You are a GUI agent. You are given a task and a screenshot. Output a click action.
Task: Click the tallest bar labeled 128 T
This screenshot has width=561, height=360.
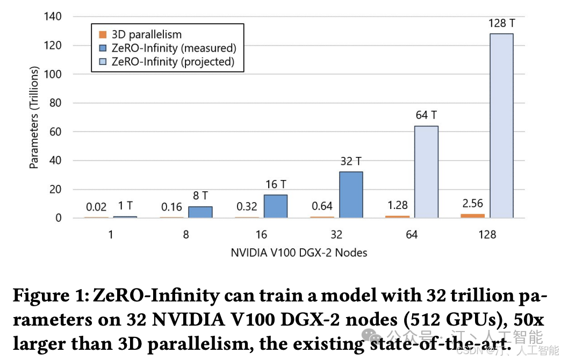pyautogui.click(x=501, y=126)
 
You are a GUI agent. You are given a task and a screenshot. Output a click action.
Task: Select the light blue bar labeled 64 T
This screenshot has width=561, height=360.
pyautogui.click(x=426, y=172)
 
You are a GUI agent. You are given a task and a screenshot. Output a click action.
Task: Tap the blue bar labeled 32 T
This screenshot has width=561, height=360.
pyautogui.click(x=351, y=195)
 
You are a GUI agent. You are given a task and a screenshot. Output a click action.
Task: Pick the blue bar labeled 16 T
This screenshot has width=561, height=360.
pyautogui.click(x=276, y=206)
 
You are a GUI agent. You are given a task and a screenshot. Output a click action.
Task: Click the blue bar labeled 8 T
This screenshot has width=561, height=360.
pyautogui.click(x=200, y=212)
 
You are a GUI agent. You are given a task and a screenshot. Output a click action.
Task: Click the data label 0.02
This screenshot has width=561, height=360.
pyautogui.click(x=96, y=207)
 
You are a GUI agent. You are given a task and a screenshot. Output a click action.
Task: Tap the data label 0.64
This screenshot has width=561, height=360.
pyautogui.click(x=322, y=206)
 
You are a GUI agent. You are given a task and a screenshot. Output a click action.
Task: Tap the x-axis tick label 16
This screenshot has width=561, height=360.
pyautogui.click(x=261, y=235)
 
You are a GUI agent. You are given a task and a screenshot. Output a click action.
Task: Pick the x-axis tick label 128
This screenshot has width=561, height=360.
pyautogui.click(x=487, y=235)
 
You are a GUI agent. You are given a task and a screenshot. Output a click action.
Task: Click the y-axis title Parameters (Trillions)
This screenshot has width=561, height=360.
pyautogui.click(x=34, y=118)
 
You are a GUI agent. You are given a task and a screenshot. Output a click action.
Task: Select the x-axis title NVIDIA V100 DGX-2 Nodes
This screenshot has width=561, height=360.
pyautogui.click(x=299, y=252)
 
